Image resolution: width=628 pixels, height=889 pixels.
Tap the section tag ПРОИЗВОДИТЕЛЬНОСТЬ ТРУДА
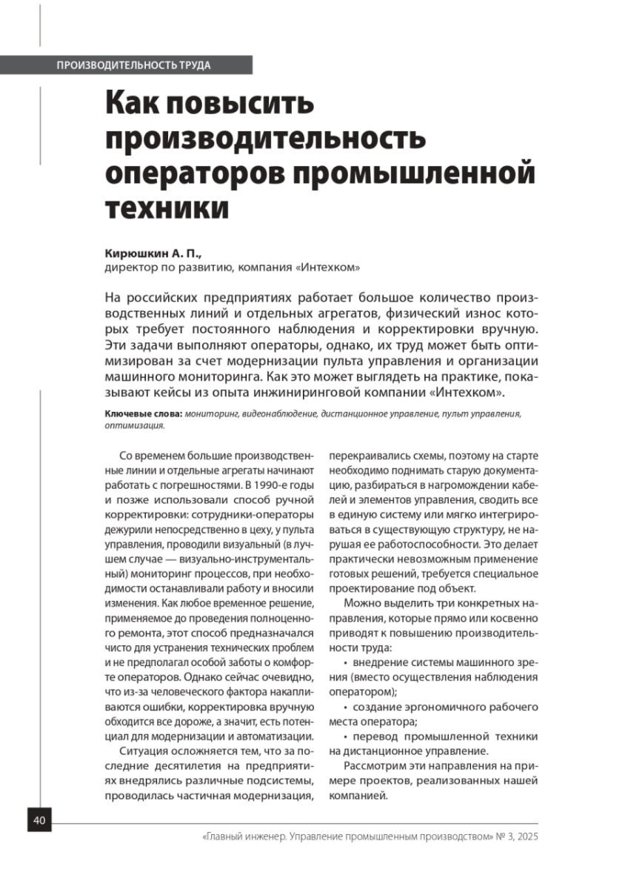pos(133,65)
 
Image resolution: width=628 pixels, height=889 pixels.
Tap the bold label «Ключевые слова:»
pos(143,414)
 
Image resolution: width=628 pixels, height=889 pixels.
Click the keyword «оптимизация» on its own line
pos(134,426)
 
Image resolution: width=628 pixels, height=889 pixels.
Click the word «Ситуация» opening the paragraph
pos(141,751)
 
